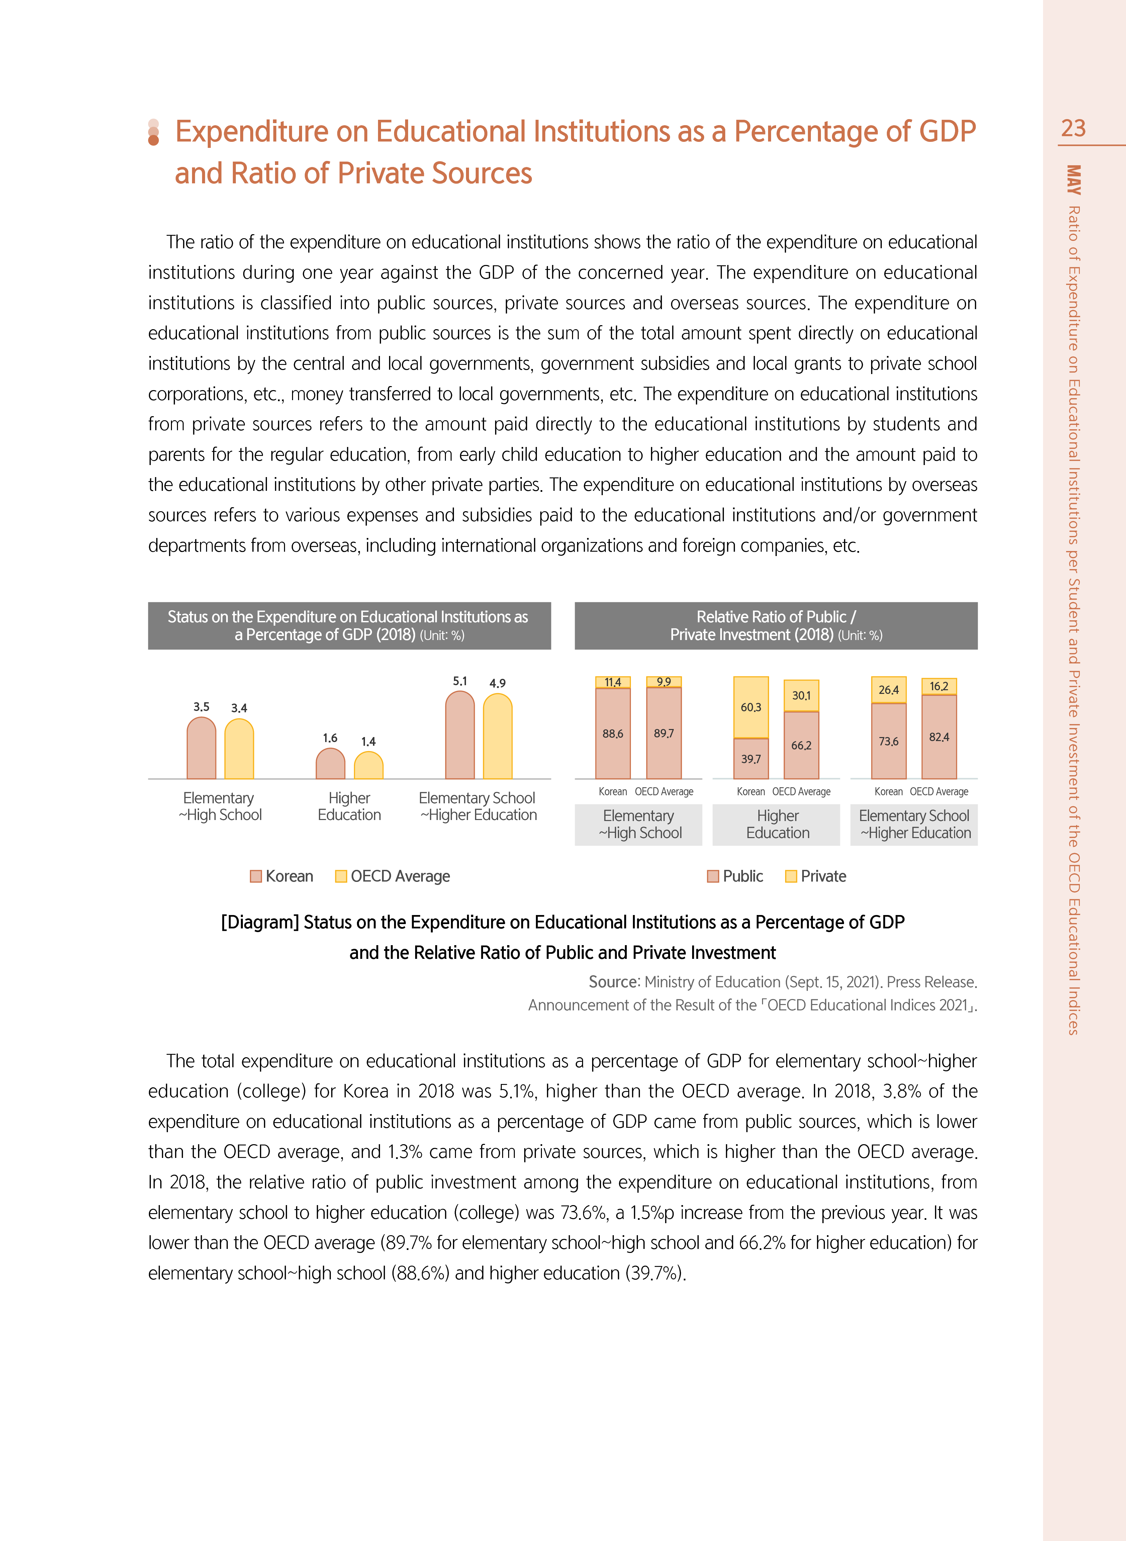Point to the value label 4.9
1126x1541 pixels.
pos(497,683)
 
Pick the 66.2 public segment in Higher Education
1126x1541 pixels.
pos(802,745)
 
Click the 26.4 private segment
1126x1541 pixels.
pos(889,690)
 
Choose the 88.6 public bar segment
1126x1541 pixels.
pos(613,733)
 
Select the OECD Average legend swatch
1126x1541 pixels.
pos(341,877)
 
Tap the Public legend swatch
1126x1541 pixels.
pos(713,877)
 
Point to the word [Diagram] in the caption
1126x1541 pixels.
pos(260,922)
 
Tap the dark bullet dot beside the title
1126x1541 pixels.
pos(153,140)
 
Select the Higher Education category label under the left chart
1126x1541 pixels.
pos(349,806)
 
